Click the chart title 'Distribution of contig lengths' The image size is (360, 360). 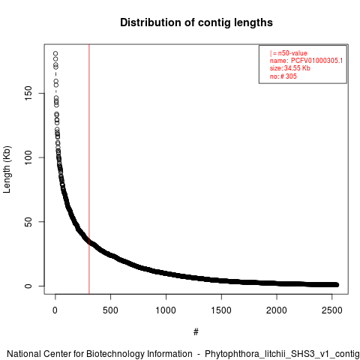click(x=196, y=22)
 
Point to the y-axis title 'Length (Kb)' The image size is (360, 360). click(x=7, y=169)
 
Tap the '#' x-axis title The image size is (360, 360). click(x=196, y=331)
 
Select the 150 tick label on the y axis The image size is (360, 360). click(x=28, y=93)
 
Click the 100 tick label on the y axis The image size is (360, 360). click(x=28, y=157)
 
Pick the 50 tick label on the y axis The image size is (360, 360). click(x=28, y=222)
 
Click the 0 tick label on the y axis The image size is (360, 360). click(x=28, y=286)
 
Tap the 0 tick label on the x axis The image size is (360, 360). click(x=55, y=310)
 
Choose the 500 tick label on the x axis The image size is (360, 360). click(x=110, y=310)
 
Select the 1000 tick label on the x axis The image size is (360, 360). click(x=166, y=310)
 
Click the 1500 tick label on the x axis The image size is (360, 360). click(x=221, y=310)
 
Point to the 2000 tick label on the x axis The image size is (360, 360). click(x=277, y=310)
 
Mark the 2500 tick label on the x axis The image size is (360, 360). click(x=332, y=310)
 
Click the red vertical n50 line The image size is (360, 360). click(x=89, y=169)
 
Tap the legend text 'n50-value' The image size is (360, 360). click(x=292, y=53)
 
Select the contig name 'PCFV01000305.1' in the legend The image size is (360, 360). click(x=316, y=61)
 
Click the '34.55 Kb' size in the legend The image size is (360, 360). click(x=297, y=68)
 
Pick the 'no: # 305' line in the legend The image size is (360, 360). click(x=283, y=76)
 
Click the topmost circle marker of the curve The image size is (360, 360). click(x=55, y=53)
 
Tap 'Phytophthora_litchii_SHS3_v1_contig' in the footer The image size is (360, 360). click(x=282, y=354)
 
